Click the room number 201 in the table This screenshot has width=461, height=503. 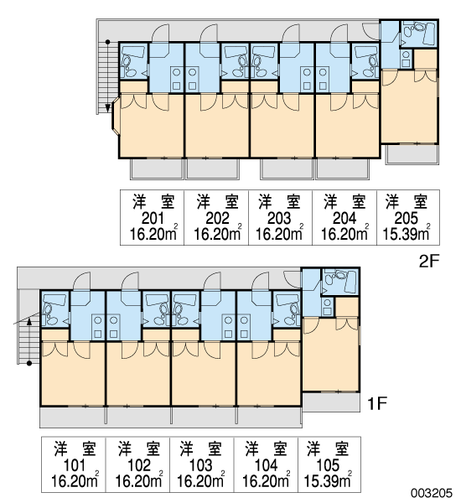[153, 219]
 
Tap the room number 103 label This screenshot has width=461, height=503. [201, 465]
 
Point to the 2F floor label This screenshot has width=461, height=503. [428, 262]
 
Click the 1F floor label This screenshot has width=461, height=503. [377, 403]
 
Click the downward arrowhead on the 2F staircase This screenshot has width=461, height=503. [108, 108]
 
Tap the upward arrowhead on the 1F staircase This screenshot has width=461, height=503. [28, 321]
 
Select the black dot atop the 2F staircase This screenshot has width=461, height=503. [108, 42]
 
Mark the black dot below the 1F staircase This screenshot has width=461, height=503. [28, 364]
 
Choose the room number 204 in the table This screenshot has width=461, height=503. [344, 219]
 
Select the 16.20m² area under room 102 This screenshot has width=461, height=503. [139, 480]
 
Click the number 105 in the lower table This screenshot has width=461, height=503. [328, 465]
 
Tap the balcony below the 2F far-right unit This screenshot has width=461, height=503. [412, 154]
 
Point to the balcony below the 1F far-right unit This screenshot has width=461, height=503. [331, 402]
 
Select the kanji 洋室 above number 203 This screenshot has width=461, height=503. [279, 201]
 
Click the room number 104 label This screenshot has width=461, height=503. [266, 465]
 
